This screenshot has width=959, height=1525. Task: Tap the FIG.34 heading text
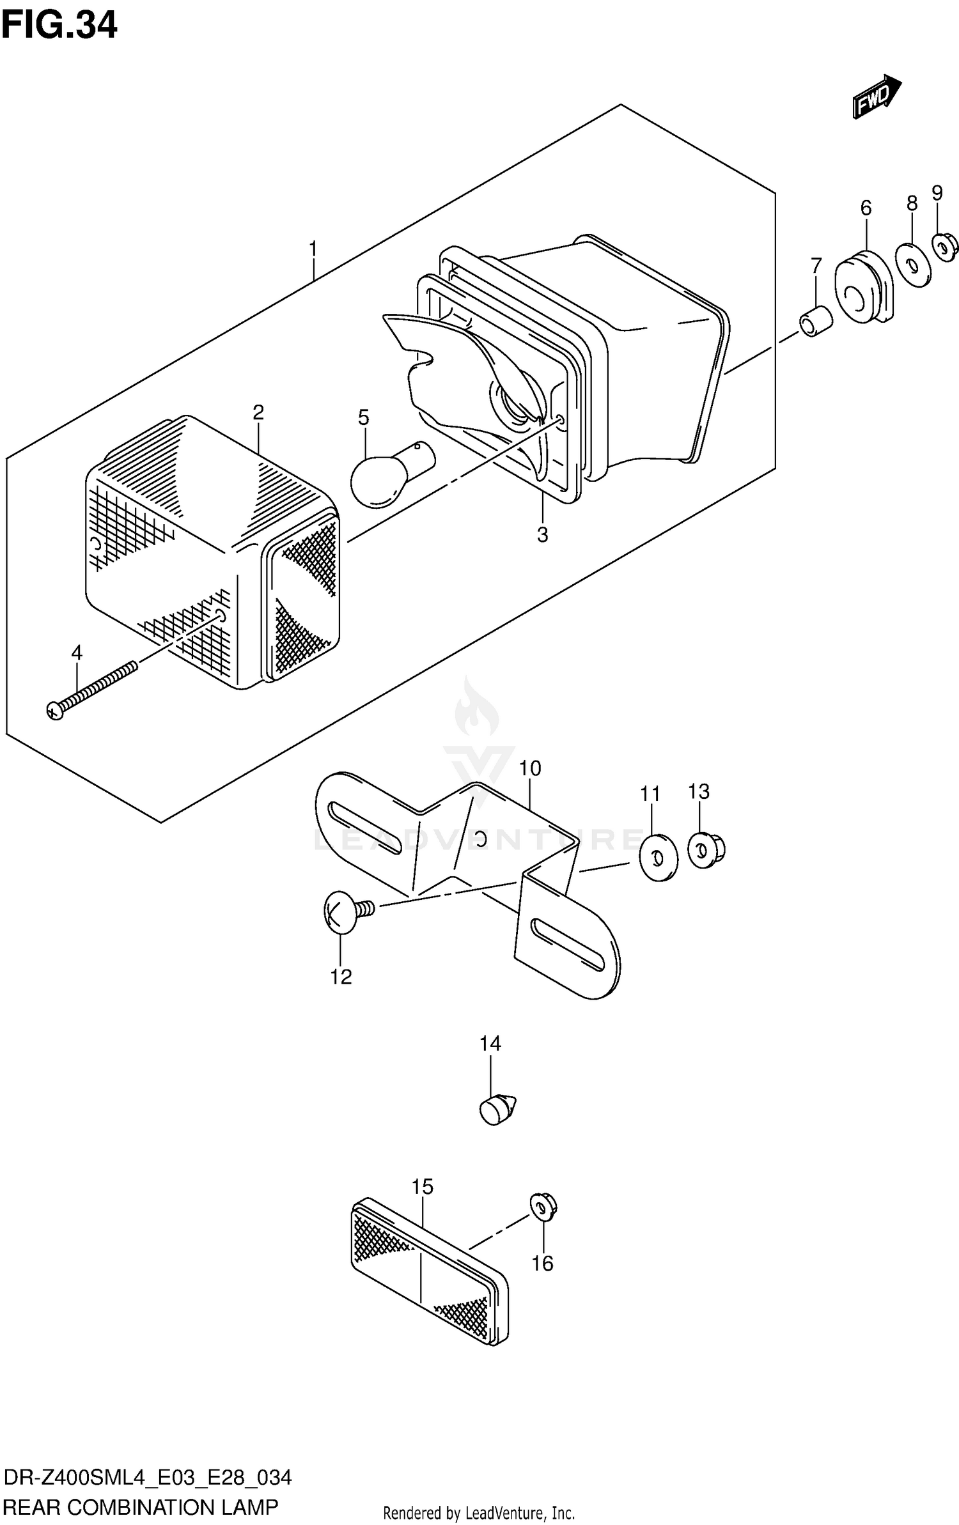59,26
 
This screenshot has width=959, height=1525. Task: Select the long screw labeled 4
92,690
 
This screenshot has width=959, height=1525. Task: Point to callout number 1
313,249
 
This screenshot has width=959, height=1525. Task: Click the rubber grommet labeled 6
863,288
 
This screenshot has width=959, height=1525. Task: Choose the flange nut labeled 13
706,850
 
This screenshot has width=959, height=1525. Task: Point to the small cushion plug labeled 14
497,1110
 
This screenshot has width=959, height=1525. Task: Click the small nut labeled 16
544,1207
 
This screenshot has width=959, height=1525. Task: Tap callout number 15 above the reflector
422,1187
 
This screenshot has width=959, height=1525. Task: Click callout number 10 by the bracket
530,768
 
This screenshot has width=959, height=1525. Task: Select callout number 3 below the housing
542,535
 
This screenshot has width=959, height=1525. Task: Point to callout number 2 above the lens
258,412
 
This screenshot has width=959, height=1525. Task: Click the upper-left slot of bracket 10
364,828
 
